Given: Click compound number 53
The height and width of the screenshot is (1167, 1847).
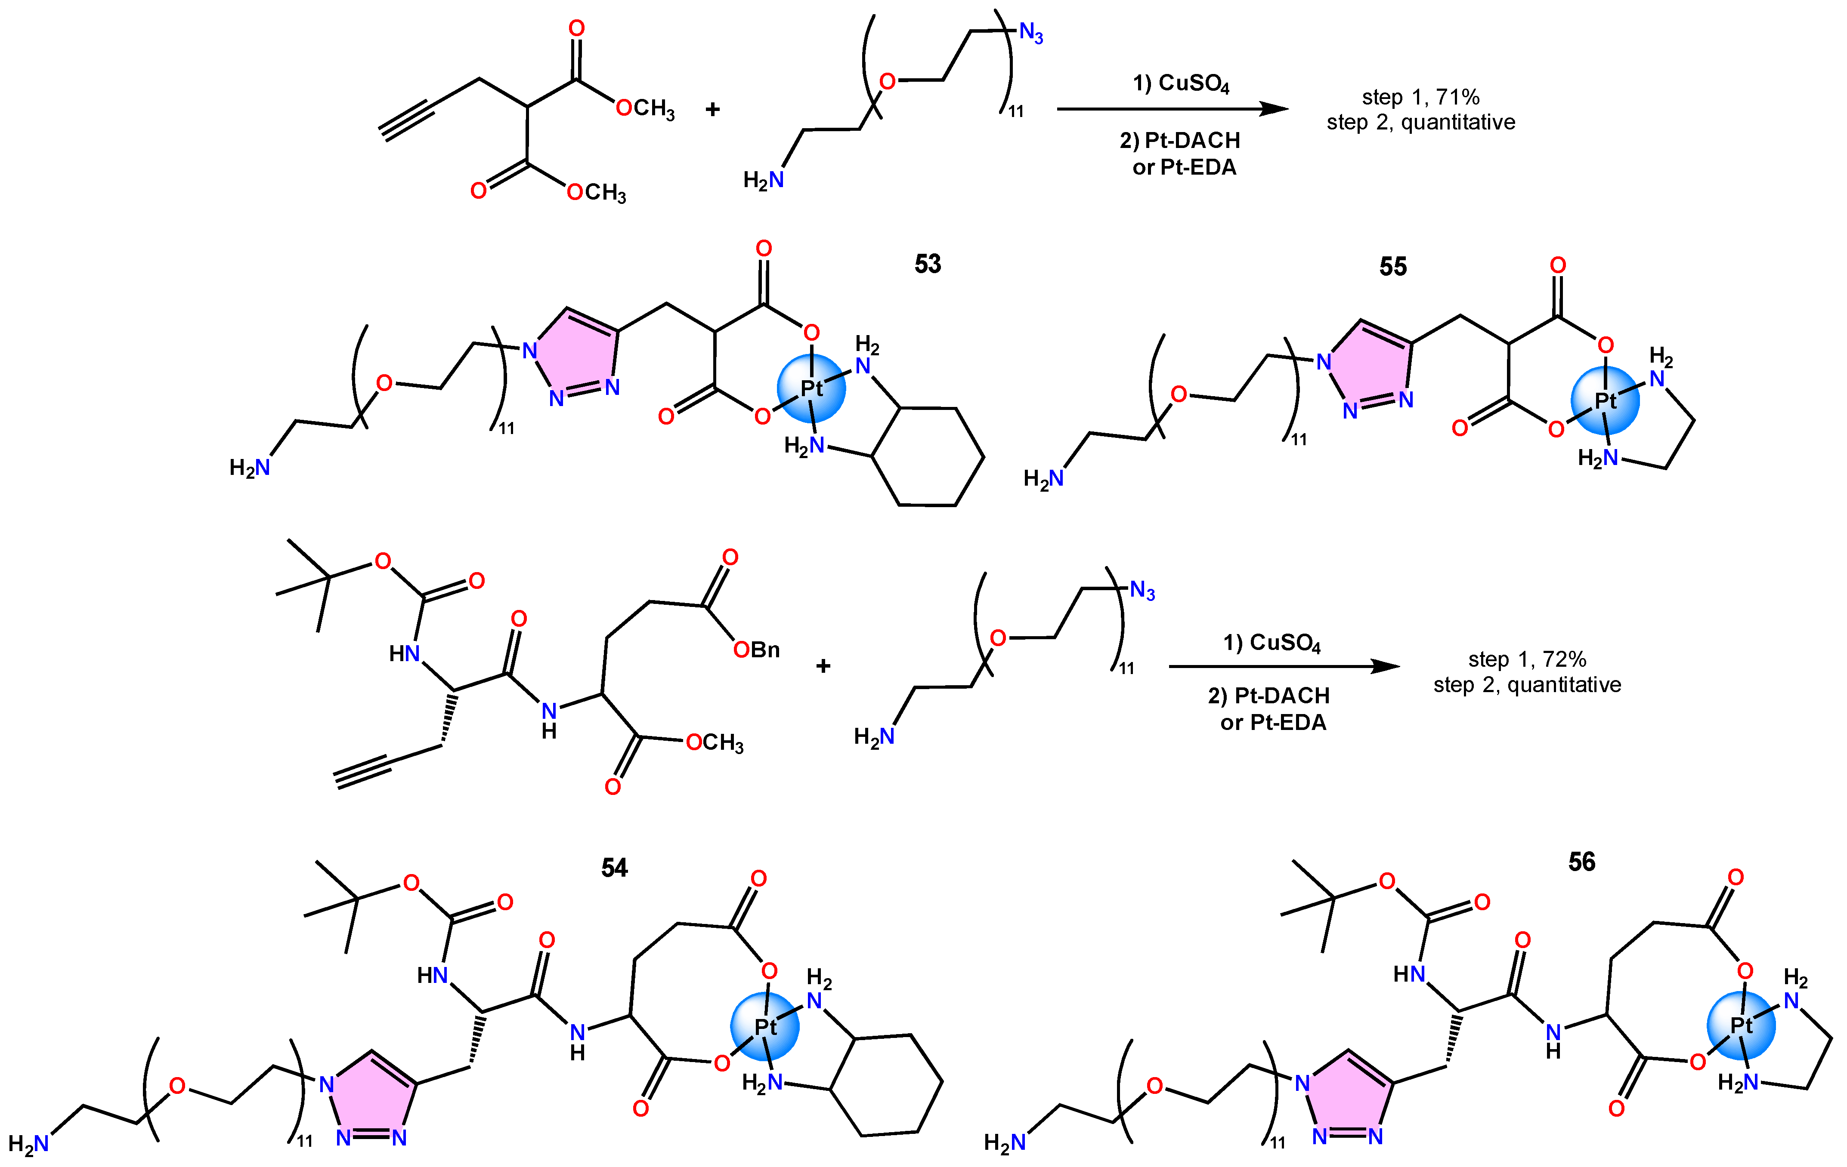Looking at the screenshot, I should coord(927,264).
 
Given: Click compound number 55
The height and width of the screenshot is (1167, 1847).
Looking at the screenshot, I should coord(1393,266).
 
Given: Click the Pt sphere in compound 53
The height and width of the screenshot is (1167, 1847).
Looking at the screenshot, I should coord(811,388).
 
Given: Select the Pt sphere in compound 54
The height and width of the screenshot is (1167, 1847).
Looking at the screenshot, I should coord(765,1026).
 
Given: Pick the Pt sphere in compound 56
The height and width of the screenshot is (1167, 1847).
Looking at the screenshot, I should coord(1741,1025).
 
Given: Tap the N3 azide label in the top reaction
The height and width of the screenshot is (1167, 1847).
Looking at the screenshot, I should coord(1031,33).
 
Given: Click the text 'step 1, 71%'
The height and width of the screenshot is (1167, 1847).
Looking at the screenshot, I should coord(1420,97).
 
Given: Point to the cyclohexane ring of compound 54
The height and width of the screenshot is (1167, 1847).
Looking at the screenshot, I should coord(886,1085).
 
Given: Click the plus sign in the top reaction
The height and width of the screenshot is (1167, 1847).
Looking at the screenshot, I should coord(712,110).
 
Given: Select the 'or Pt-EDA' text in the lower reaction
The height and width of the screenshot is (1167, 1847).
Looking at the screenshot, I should coord(1273,722).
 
